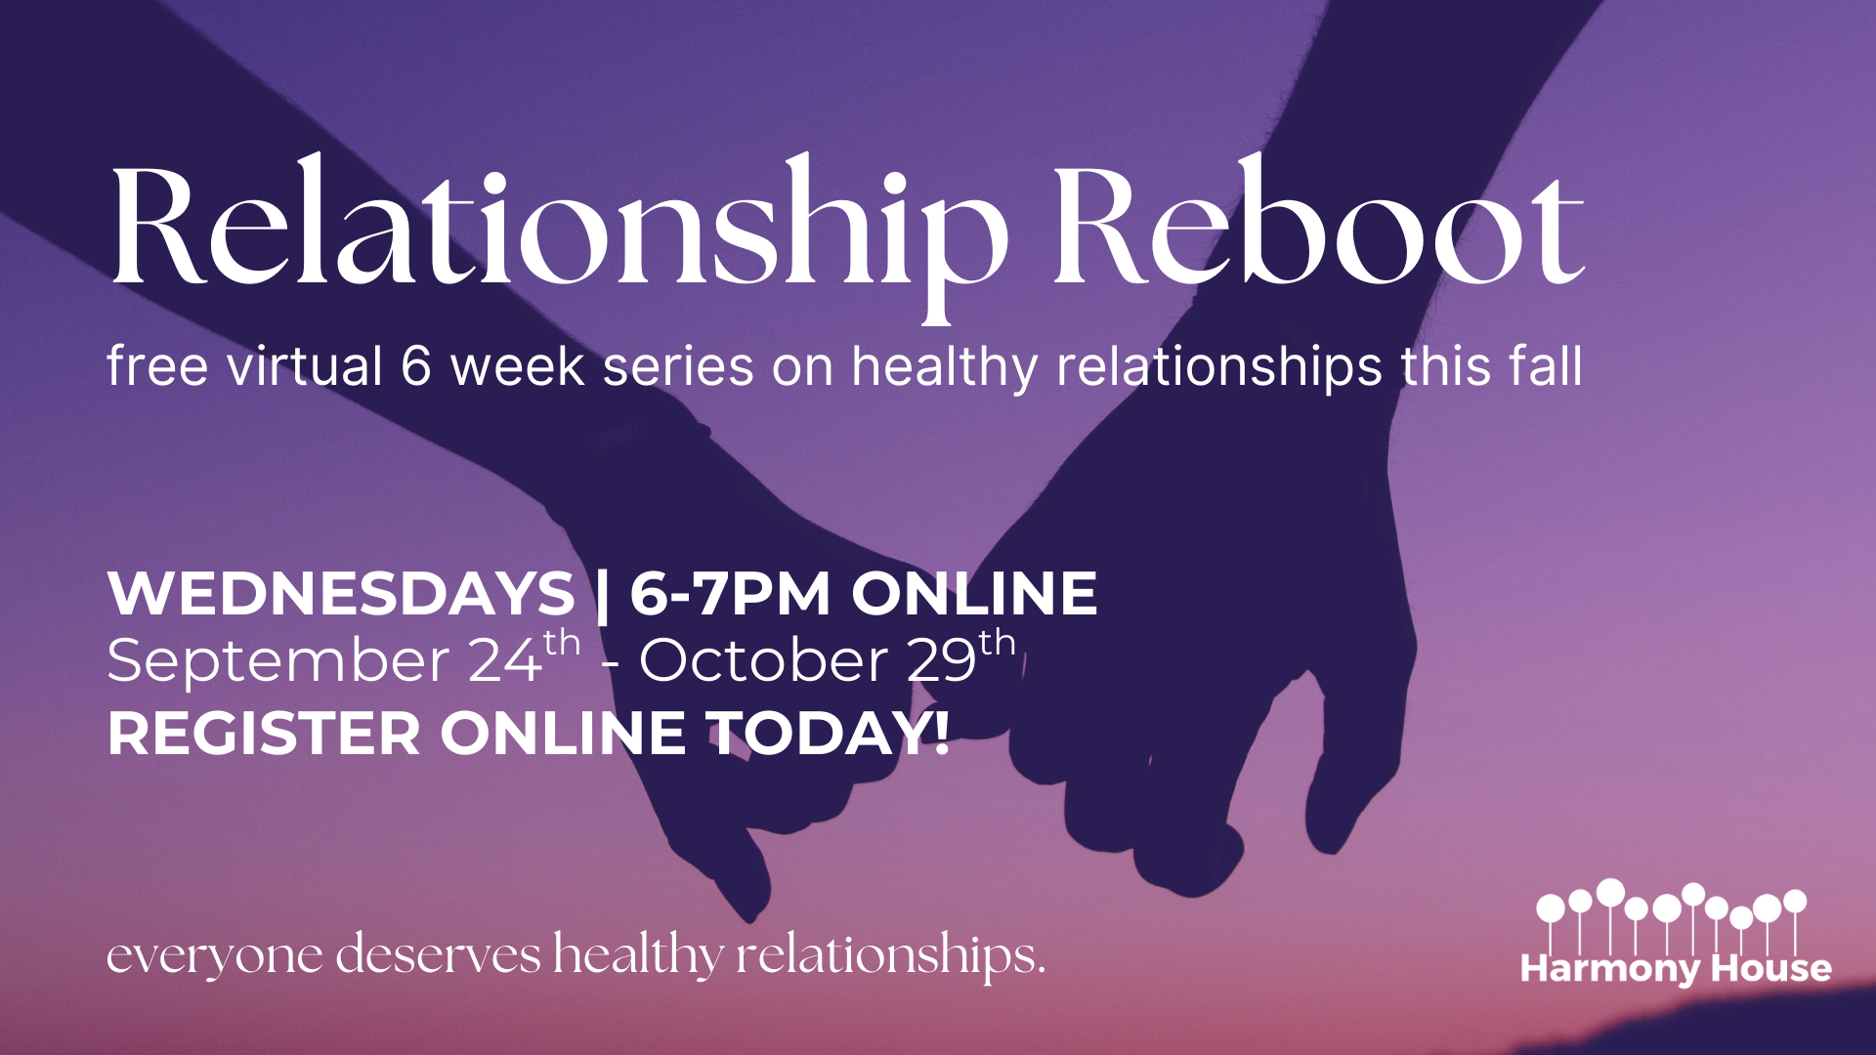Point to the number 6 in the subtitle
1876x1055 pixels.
click(416, 367)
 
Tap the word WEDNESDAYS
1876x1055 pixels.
click(341, 593)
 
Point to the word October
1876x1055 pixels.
click(763, 660)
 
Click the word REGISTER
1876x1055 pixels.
click(264, 734)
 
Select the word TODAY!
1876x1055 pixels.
click(828, 734)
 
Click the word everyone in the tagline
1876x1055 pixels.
click(215, 956)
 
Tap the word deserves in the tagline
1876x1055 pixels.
click(439, 952)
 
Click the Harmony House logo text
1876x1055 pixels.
click(1676, 968)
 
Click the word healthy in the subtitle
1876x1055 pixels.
click(945, 367)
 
